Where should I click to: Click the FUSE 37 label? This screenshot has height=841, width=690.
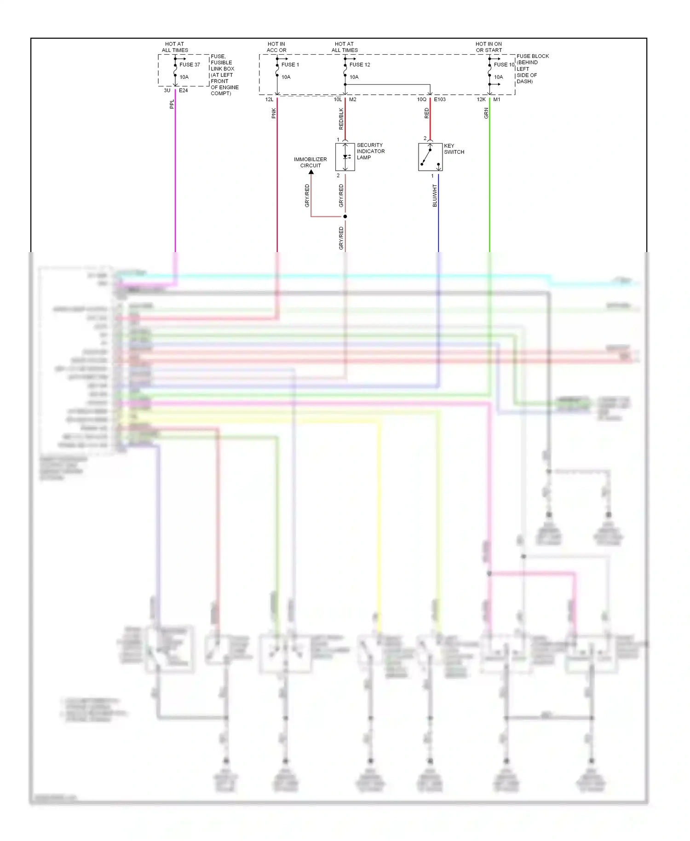click(190, 65)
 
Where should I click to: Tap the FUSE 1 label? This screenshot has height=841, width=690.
click(290, 65)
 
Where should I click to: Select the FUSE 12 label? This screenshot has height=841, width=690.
click(360, 65)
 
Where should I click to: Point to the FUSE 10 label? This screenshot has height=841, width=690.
click(504, 65)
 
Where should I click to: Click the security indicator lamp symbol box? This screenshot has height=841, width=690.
click(345, 157)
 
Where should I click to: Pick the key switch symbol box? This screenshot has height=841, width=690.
click(430, 157)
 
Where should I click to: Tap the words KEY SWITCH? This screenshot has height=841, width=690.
click(454, 149)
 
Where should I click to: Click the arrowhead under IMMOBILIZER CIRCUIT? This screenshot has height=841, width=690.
click(311, 172)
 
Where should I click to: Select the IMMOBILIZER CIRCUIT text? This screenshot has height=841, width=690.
click(310, 162)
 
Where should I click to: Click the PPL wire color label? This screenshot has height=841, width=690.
click(172, 104)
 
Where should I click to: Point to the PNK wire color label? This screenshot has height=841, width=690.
click(274, 113)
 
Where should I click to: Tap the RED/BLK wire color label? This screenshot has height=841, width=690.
click(341, 119)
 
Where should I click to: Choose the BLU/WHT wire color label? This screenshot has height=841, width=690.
click(435, 196)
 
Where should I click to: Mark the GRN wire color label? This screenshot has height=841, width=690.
click(486, 113)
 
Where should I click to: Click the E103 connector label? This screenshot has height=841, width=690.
click(440, 99)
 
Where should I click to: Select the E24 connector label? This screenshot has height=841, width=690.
click(183, 91)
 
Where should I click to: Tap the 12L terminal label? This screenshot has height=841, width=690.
click(269, 99)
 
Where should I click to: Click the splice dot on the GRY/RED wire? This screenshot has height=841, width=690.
click(345, 216)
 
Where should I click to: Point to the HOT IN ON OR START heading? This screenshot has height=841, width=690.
click(489, 47)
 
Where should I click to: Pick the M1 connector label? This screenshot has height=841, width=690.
click(497, 99)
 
